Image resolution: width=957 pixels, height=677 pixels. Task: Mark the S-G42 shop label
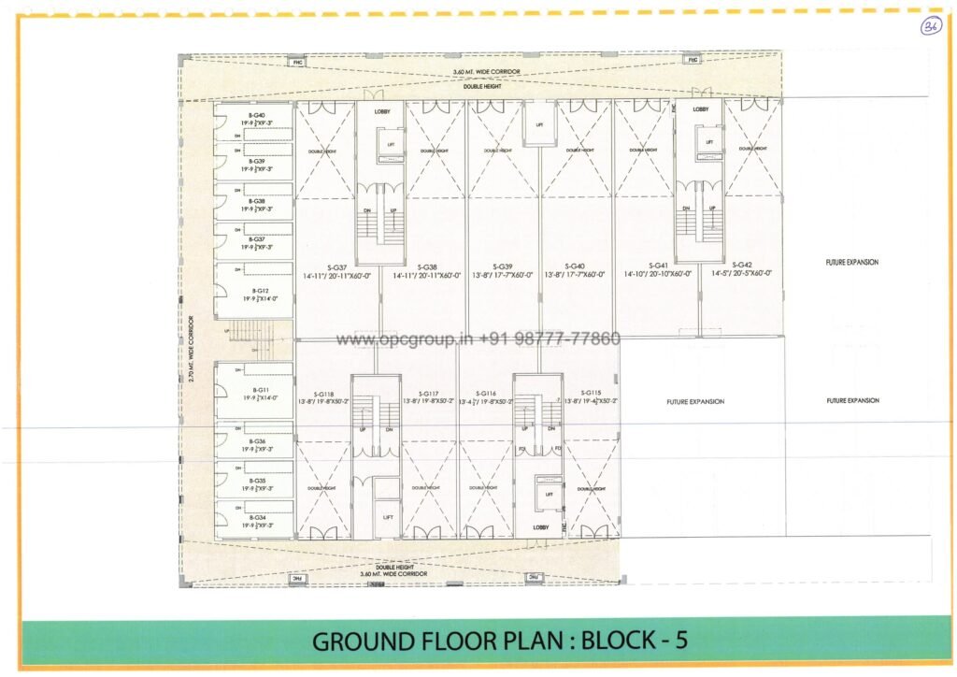point(743,265)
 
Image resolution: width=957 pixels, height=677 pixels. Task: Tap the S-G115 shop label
point(591,393)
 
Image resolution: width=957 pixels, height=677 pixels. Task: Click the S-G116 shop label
point(486,394)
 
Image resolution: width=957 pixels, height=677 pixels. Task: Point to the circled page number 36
point(929,25)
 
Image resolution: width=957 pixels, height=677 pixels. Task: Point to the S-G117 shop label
point(429,394)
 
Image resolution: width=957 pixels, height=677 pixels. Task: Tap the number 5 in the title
point(682,641)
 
